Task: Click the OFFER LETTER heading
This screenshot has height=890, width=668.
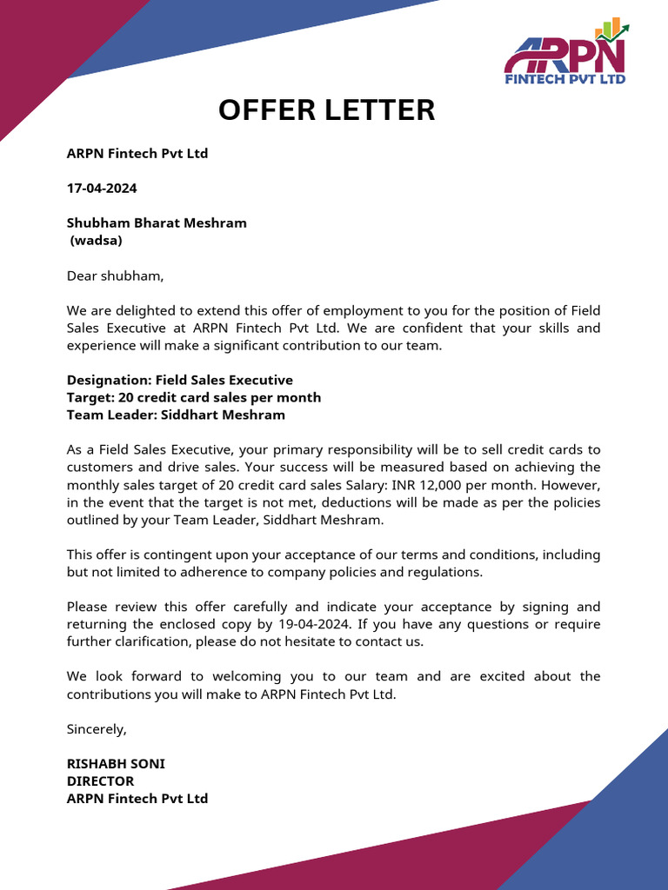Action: [x=326, y=110]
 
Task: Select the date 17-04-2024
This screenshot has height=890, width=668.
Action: [x=102, y=188]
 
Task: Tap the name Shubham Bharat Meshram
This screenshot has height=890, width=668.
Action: [x=157, y=222]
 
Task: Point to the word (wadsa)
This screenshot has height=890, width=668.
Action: [x=97, y=240]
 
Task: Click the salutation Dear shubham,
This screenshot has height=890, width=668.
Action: [x=115, y=276]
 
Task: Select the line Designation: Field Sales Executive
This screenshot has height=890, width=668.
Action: [x=180, y=380]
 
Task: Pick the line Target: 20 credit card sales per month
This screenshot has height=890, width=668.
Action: [x=194, y=397]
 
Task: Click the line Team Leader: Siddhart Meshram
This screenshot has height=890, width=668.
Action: [x=176, y=415]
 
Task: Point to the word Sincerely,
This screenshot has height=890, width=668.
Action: [x=97, y=728]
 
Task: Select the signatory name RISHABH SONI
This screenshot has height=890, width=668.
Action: [x=116, y=763]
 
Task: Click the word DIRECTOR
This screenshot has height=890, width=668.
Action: [x=100, y=780]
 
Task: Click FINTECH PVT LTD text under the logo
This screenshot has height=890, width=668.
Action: [x=565, y=78]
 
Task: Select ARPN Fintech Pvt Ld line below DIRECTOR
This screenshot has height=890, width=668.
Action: [x=137, y=798]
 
